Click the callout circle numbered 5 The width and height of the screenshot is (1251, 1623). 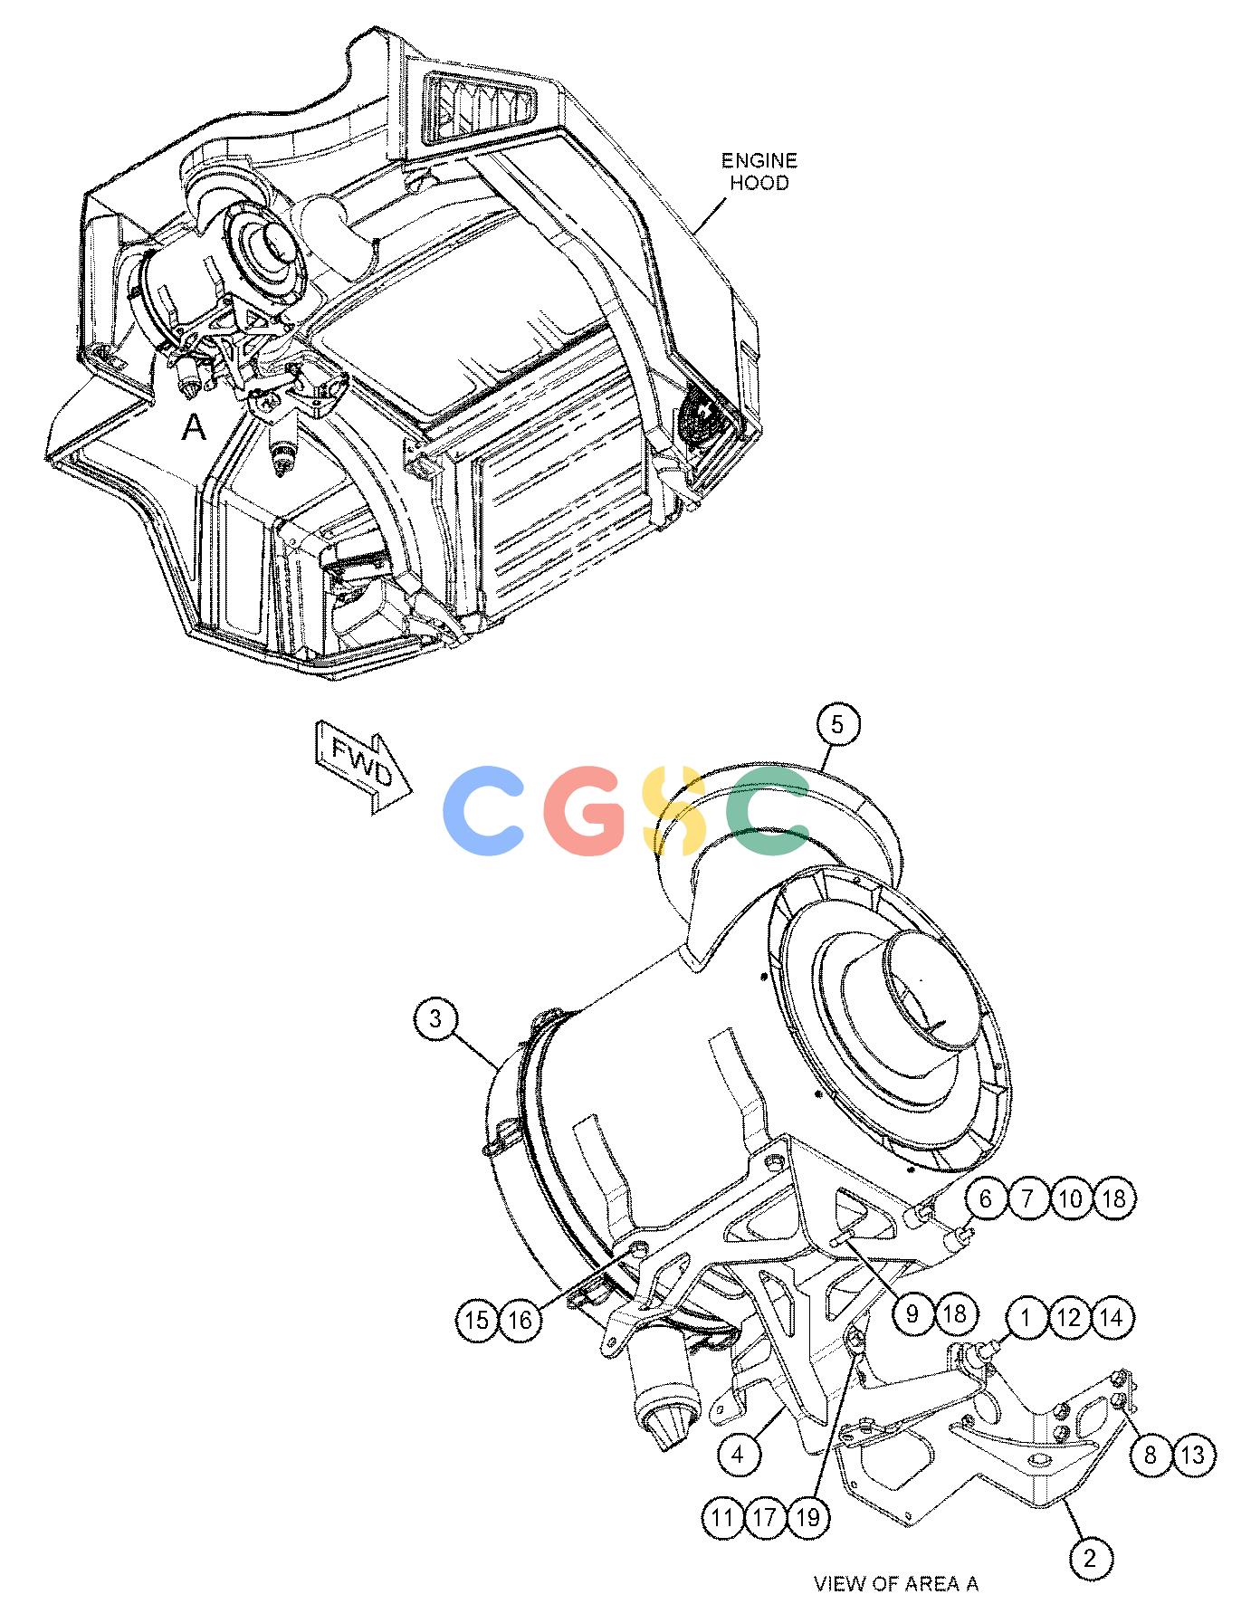pos(836,724)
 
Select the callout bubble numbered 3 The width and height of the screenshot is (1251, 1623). pos(436,1019)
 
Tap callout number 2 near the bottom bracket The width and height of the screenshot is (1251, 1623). pos(1090,1557)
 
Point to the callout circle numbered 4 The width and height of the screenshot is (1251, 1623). pos(738,1455)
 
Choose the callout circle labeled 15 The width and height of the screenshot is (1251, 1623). pos(477,1320)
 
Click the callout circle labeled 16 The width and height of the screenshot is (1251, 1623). pos(520,1320)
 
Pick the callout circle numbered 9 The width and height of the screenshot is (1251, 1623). pos(912,1313)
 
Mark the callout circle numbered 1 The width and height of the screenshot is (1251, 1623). pos(1026,1317)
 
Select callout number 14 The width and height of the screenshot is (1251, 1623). pos(1113,1317)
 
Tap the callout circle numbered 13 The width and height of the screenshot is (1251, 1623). pos(1194,1455)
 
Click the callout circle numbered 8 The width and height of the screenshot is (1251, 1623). pos(1151,1455)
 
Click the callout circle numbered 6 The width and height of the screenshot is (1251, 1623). pos(986,1198)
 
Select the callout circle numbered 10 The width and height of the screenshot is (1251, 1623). pos(1071,1198)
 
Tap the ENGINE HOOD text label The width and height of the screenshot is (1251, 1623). pos(759,171)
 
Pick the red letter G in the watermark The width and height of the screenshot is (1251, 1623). pos(585,811)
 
